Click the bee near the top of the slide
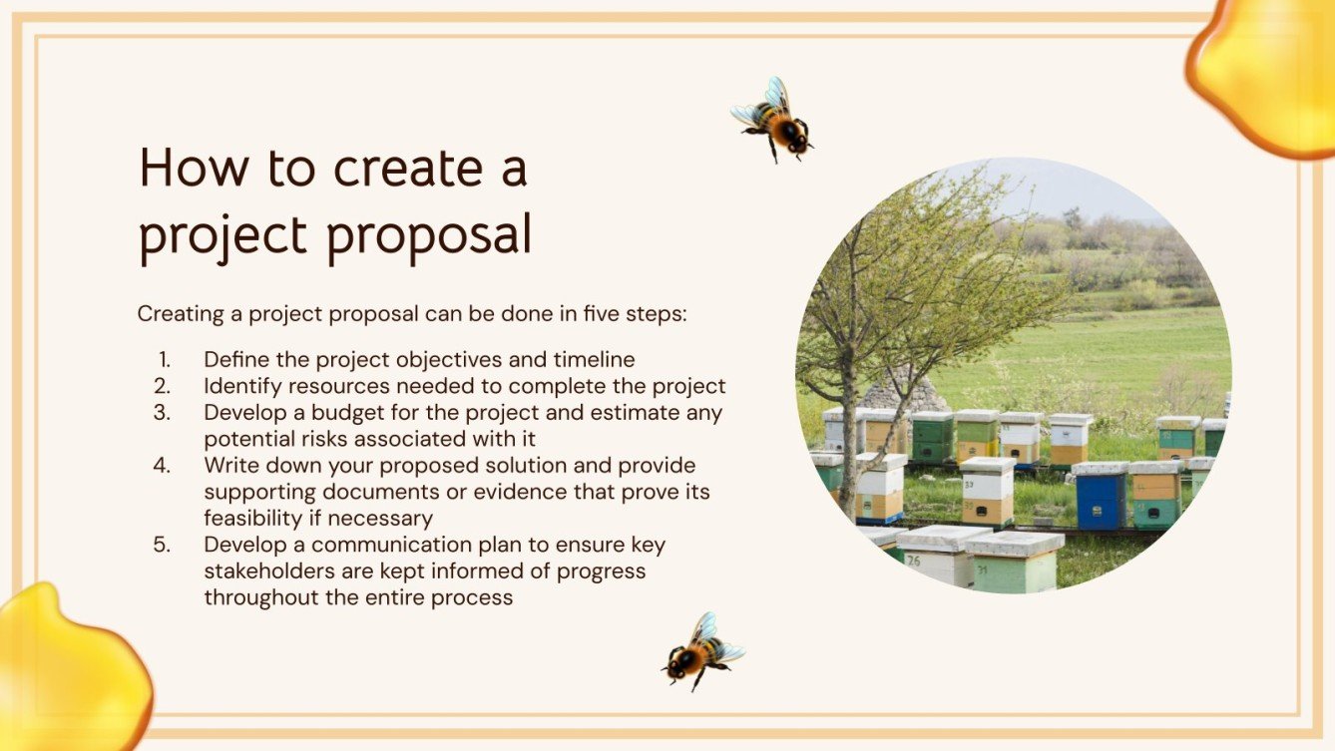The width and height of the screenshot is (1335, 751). tap(773, 120)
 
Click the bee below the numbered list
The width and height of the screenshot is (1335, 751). tap(701, 650)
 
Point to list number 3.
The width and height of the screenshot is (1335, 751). tap(163, 412)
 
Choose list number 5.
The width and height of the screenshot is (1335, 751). tap(163, 546)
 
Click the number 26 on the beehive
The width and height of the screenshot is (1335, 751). tap(913, 560)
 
